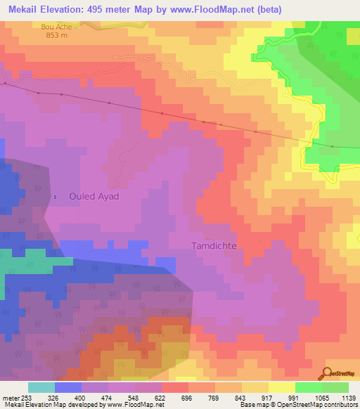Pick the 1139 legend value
click(x=348, y=397)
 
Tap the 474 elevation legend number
click(x=108, y=397)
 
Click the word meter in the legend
click(x=11, y=397)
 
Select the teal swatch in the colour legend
click(x=41, y=387)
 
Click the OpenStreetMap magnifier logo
click(x=327, y=372)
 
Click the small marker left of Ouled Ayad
click(x=55, y=197)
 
